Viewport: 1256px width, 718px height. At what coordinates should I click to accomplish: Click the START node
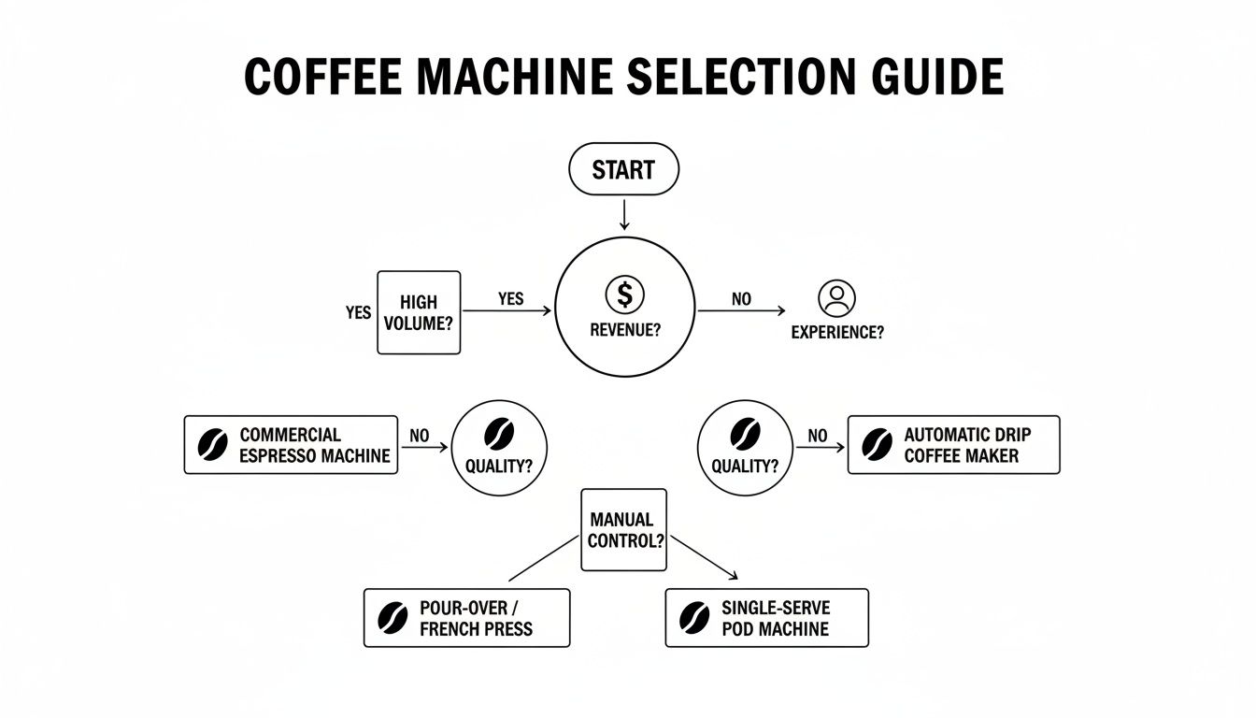pyautogui.click(x=623, y=169)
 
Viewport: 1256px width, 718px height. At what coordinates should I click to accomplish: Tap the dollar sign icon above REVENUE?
pyautogui.click(x=624, y=294)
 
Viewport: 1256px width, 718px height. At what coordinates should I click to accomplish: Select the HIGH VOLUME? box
pyautogui.click(x=419, y=312)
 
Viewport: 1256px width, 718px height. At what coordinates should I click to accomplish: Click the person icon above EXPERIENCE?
pyautogui.click(x=836, y=298)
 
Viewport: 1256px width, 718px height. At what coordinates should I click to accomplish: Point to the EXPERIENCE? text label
pyautogui.click(x=836, y=332)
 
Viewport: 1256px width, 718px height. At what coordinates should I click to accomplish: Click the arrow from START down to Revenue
pyautogui.click(x=624, y=214)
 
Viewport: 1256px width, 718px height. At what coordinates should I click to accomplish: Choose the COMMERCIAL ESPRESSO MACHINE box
pyautogui.click(x=291, y=445)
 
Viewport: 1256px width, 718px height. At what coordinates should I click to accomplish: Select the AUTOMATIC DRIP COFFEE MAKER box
pyautogui.click(x=953, y=445)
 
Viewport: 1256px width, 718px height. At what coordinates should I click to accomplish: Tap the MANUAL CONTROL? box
pyautogui.click(x=623, y=530)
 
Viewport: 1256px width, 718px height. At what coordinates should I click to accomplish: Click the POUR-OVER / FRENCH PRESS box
pyautogui.click(x=466, y=618)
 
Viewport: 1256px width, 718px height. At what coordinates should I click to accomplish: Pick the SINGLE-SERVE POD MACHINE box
pyautogui.click(x=766, y=618)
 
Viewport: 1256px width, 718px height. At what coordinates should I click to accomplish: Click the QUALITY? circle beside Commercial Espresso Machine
pyautogui.click(x=499, y=447)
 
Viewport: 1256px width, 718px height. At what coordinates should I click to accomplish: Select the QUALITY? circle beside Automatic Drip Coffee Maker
pyautogui.click(x=745, y=447)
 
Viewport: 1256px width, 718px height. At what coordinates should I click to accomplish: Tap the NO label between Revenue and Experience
pyautogui.click(x=741, y=300)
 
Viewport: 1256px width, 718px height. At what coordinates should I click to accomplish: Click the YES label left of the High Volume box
pyautogui.click(x=358, y=312)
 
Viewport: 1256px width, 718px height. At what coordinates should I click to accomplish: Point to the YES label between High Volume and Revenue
pyautogui.click(x=510, y=299)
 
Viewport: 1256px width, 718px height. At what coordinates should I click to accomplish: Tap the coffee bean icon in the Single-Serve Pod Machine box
pyautogui.click(x=694, y=618)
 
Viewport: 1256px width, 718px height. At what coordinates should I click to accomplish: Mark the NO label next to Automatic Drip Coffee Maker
pyautogui.click(x=818, y=436)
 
